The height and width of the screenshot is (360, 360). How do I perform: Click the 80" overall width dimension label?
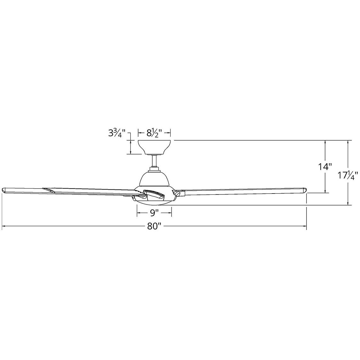point(155,226)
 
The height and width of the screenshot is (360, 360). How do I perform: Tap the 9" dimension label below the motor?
point(154,214)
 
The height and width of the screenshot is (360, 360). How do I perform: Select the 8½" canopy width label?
point(154,133)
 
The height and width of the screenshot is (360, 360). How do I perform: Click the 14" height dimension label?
point(325,166)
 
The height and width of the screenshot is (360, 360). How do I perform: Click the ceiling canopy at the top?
point(155,147)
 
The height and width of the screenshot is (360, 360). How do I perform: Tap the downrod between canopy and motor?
point(155,161)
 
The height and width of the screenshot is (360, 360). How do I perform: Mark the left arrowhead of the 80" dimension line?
point(3,226)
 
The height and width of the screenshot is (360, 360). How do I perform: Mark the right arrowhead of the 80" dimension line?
point(305,226)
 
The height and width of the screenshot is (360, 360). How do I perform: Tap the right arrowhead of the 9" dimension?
point(170,214)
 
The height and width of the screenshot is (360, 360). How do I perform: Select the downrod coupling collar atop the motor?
point(155,170)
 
